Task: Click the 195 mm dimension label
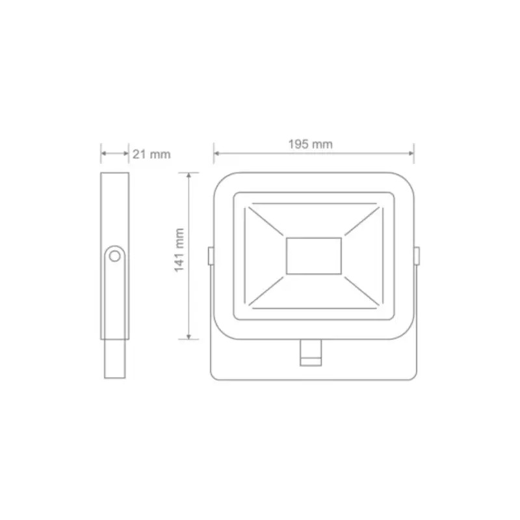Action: coord(310,144)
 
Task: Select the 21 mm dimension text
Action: coord(151,154)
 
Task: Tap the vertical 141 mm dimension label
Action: coord(179,250)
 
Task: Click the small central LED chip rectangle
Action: coord(314,256)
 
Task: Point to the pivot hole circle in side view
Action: coord(115,256)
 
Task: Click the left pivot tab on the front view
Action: coord(211,255)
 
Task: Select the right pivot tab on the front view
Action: coord(417,255)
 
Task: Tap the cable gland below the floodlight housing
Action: coord(311,353)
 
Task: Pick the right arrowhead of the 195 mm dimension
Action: coord(411,153)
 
